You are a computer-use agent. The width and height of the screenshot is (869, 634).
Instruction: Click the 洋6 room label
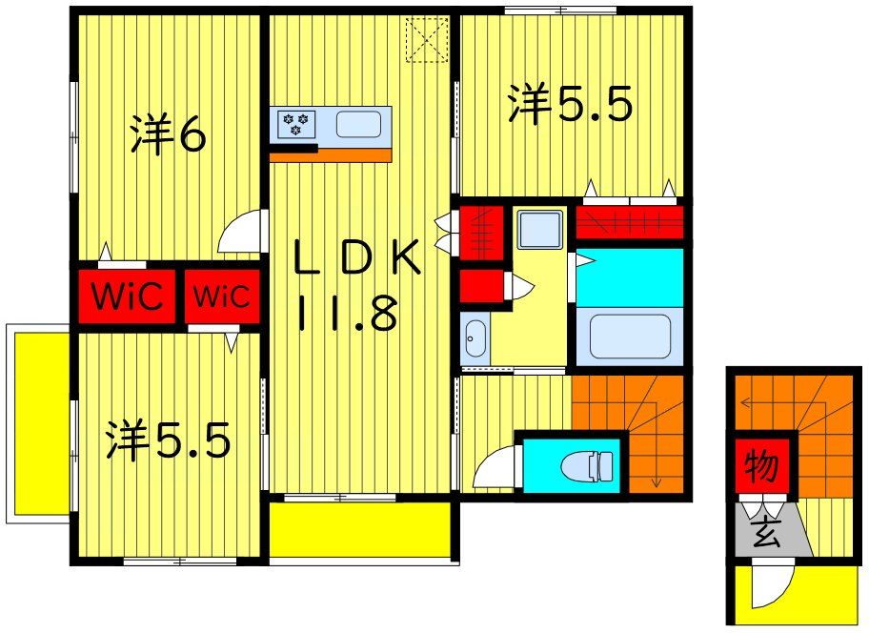coord(168,137)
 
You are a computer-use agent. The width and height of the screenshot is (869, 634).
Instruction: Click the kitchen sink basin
coord(358,124)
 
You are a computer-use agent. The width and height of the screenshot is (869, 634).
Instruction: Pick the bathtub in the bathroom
coord(629,336)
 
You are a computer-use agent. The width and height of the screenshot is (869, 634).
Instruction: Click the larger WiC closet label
coord(127,295)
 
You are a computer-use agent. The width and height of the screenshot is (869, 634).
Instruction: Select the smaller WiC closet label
coord(222,296)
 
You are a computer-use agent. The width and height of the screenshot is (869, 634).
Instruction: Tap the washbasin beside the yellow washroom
coord(474,338)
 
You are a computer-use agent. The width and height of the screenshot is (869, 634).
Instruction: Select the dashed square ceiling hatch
coord(428,40)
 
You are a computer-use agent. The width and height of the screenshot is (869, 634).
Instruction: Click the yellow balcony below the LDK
coord(359,528)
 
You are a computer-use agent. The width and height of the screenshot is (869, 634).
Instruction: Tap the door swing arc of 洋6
coord(238,233)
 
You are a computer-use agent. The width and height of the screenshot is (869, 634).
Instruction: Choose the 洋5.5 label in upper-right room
coord(570,105)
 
